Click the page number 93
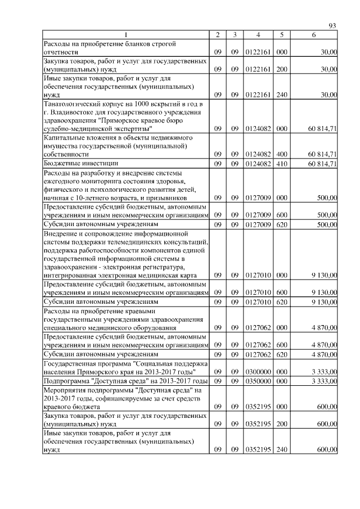click(332, 26)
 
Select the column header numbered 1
click(126, 35)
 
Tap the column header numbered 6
click(314, 35)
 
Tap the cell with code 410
click(282, 163)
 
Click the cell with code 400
click(282, 154)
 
